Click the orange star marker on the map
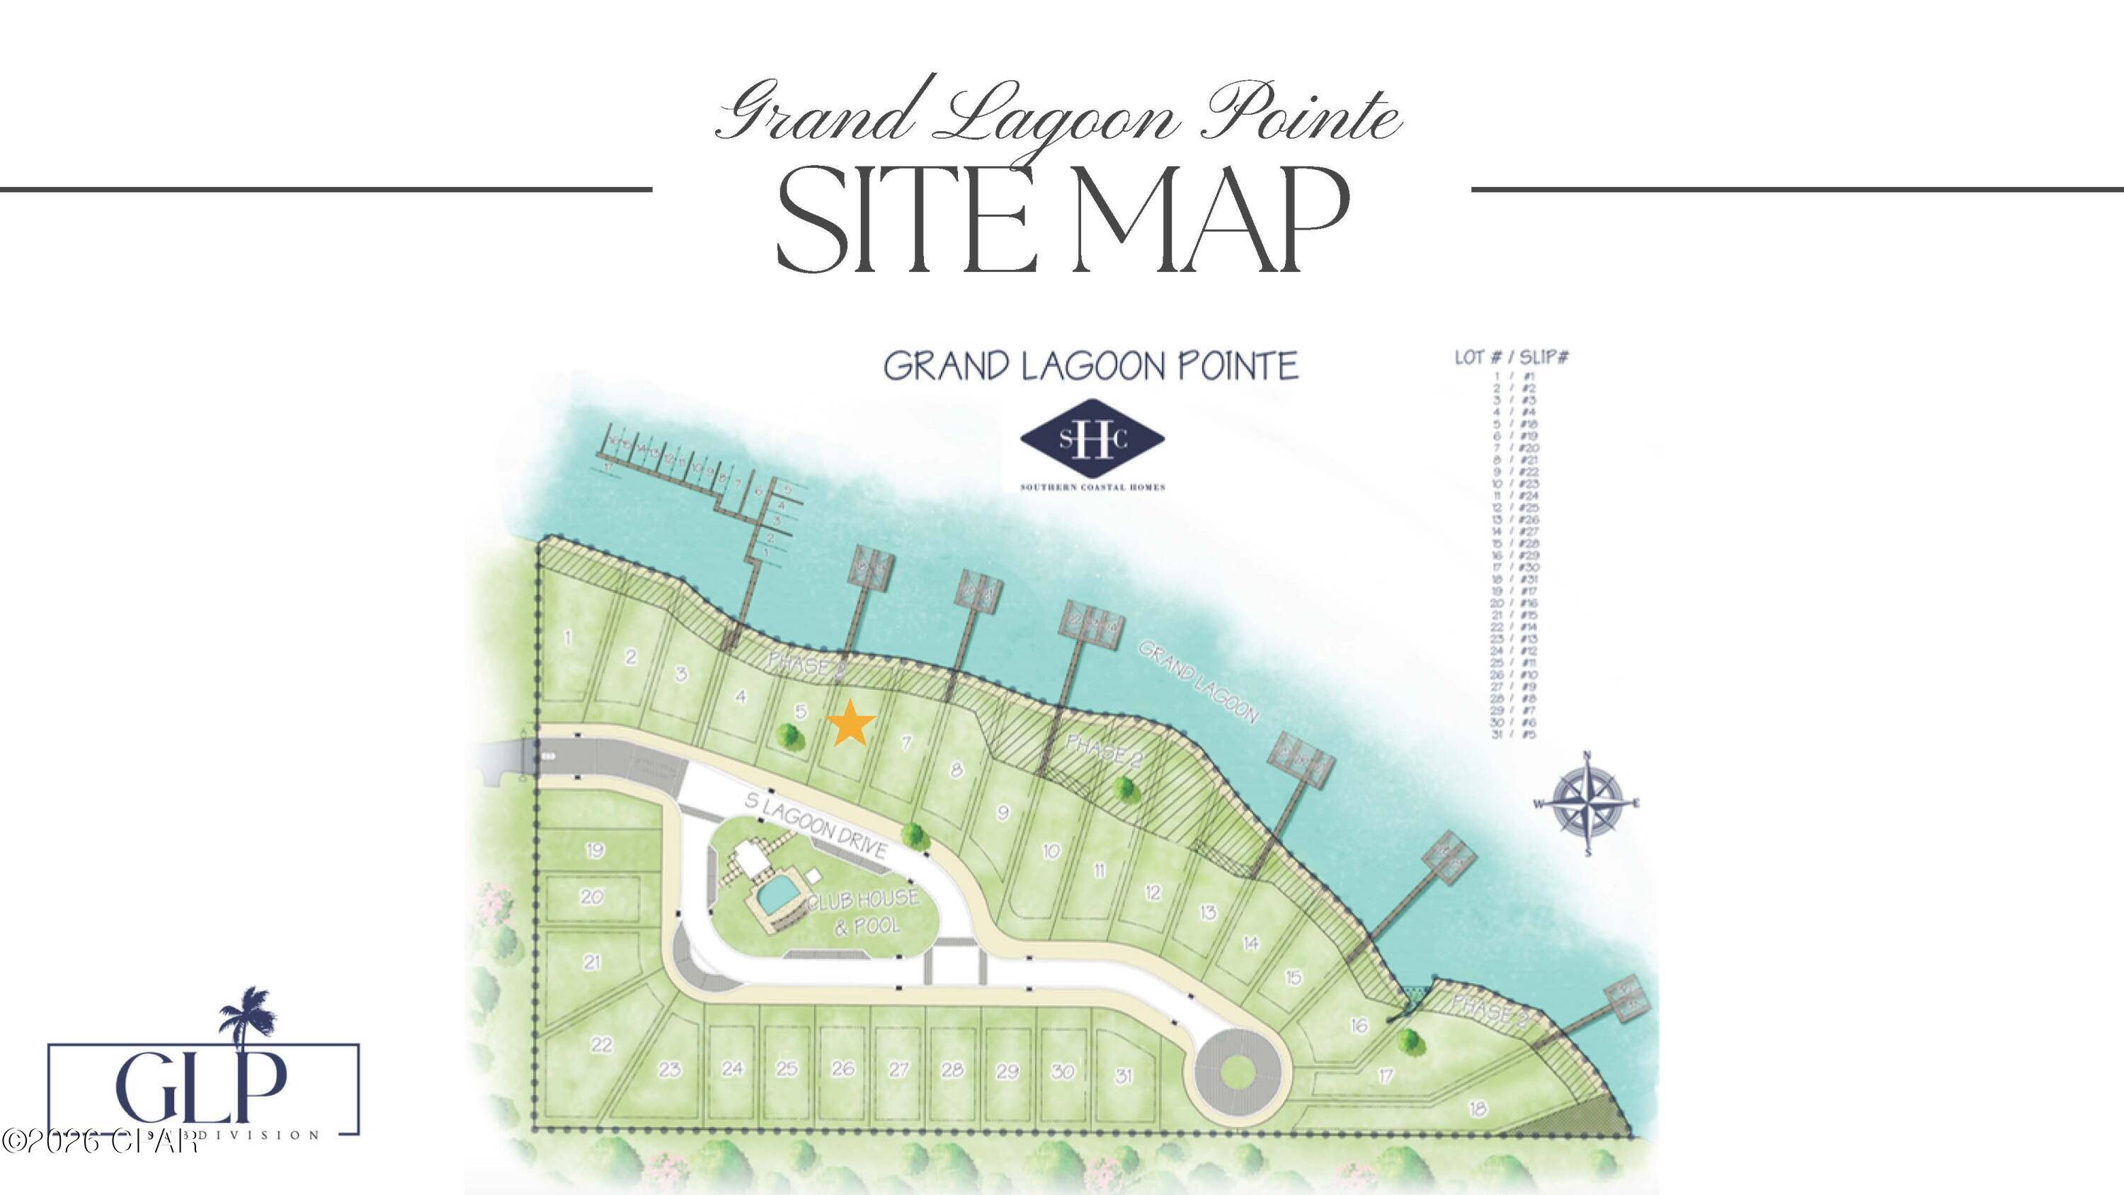tap(850, 723)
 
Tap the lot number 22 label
tap(601, 1045)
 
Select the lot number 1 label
tap(567, 637)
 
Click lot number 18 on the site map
tap(1478, 1109)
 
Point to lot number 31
tap(1124, 1075)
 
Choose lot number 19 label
tap(595, 850)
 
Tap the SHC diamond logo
tap(1092, 440)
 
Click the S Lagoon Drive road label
tap(816, 825)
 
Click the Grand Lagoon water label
tap(1198, 682)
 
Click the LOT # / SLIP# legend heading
tap(1512, 357)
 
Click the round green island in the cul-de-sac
tap(1237, 1072)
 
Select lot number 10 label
tap(1051, 851)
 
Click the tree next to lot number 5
tap(790, 736)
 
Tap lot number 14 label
tap(1251, 943)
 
